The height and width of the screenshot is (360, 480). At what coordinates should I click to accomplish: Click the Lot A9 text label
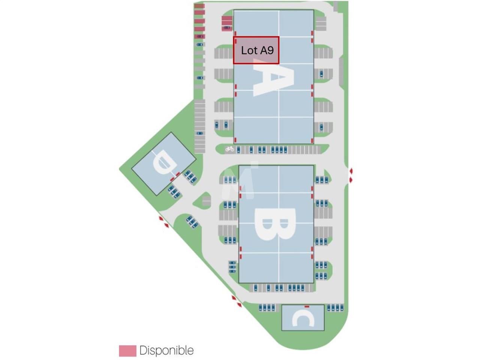point(257,50)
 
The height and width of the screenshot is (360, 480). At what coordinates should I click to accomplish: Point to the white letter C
point(302,319)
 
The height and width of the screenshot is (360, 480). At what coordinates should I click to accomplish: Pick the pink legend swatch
point(127,351)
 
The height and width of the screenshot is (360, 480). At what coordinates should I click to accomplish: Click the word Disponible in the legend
point(166,351)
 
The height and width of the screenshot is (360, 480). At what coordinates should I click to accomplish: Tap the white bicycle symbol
point(229,149)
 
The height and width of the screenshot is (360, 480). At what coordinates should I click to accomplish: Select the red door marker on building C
point(307,307)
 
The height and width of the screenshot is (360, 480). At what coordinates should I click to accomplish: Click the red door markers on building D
point(175,177)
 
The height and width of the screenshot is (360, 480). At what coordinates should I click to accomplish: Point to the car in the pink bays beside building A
point(226,27)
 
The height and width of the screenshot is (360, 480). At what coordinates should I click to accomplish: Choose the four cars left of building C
point(267,308)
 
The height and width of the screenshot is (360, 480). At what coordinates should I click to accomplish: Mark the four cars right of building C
point(334,308)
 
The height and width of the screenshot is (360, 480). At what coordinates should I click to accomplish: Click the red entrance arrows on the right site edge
point(351,175)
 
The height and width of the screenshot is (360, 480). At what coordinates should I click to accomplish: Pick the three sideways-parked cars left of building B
point(232,266)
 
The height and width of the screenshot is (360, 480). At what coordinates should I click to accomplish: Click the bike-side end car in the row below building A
point(238,150)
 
